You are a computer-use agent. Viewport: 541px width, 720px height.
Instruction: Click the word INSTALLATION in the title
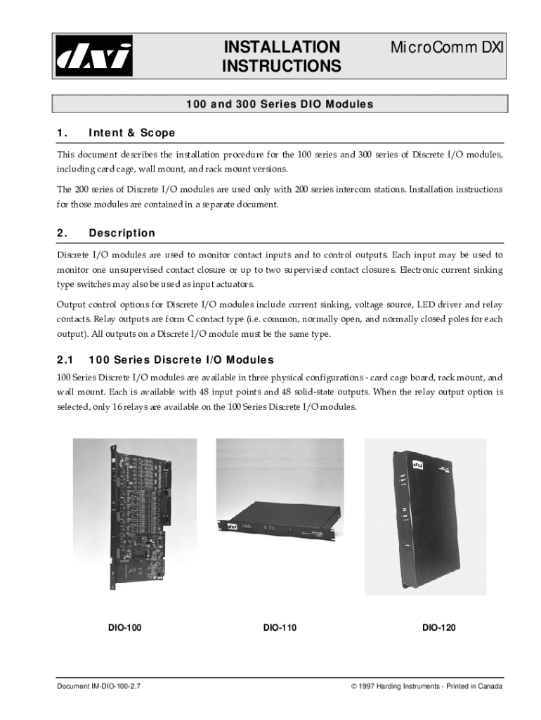point(281,48)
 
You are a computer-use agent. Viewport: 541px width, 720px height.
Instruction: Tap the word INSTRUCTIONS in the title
point(281,67)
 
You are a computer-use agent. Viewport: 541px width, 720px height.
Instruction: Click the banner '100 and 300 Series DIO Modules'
point(280,104)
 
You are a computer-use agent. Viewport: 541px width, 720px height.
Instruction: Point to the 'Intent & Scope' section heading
point(131,133)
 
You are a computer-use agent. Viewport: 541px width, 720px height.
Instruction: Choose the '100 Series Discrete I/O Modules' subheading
point(181,359)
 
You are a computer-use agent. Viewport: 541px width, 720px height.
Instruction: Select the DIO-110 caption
point(280,627)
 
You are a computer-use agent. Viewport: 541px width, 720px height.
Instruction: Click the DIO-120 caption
point(438,627)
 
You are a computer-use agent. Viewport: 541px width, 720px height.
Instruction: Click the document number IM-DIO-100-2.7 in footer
point(103,686)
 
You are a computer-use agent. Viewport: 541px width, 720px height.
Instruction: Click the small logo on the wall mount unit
point(417,465)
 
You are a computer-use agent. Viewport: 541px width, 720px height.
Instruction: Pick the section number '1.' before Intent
point(62,133)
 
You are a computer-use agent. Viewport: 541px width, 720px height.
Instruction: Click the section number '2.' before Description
point(62,233)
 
